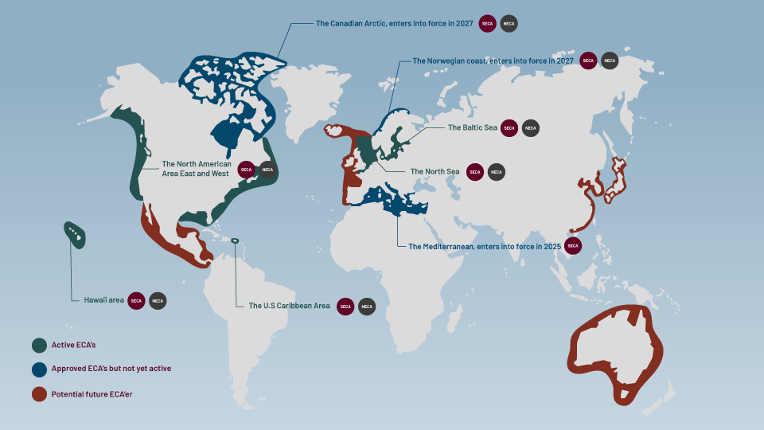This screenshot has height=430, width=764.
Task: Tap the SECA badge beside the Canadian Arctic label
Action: tap(488, 24)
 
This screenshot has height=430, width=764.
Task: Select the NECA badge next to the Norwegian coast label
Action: tap(609, 61)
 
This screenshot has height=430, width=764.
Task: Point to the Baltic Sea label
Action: tap(472, 127)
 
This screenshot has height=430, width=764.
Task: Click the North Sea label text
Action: tap(435, 171)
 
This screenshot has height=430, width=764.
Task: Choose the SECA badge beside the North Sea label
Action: tap(475, 171)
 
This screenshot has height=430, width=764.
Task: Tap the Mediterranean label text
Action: tap(484, 247)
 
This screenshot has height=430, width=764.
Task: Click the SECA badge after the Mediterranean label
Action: tap(573, 246)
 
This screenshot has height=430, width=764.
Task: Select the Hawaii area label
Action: tap(103, 300)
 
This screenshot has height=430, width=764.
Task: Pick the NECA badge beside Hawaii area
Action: tap(158, 300)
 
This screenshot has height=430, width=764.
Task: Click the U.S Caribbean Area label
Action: tap(289, 306)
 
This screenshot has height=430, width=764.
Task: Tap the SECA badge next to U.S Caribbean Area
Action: tap(345, 306)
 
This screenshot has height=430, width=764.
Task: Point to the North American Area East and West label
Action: tap(196, 169)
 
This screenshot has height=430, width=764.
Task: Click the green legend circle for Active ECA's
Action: tap(39, 345)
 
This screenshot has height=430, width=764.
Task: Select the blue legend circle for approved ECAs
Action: tap(39, 369)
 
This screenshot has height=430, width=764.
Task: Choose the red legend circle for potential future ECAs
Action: tap(39, 393)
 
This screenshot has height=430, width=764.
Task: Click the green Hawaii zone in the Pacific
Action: tap(75, 234)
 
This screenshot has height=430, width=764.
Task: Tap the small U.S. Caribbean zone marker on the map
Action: tap(235, 241)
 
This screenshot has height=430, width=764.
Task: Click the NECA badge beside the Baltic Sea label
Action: tap(531, 127)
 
